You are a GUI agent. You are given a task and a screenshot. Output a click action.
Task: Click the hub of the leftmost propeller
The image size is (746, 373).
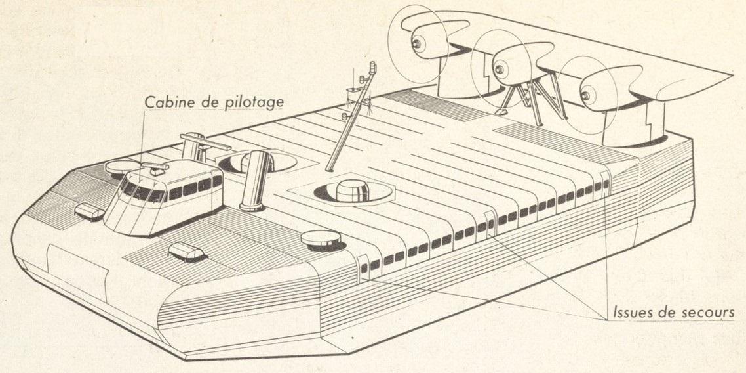click(417, 44)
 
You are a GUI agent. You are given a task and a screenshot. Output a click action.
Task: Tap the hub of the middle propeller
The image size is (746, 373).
click(499, 70)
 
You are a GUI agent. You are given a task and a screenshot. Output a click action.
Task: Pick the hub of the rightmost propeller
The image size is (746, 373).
click(585, 95)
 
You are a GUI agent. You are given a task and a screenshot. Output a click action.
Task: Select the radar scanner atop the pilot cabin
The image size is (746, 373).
click(155, 167)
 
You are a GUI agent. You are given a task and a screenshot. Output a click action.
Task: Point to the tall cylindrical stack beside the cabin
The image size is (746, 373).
click(256, 180)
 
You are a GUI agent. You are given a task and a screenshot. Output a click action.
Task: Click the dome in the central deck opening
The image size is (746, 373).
click(353, 190)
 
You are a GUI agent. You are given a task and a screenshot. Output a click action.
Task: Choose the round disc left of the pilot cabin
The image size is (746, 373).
click(123, 167)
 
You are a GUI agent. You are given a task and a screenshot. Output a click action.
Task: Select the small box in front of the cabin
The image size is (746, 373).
click(186, 251)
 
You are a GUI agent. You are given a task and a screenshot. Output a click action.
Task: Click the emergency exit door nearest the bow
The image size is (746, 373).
click(363, 267)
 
